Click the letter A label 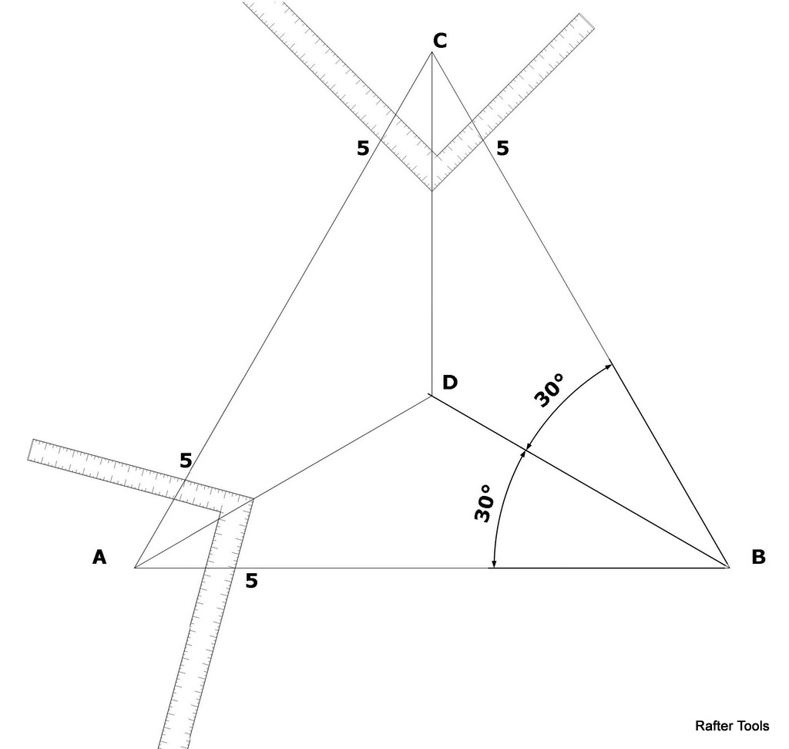[99, 556]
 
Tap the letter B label [758, 556]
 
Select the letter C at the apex [439, 41]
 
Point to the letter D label [450, 382]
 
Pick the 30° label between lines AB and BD [483, 504]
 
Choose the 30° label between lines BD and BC [549, 390]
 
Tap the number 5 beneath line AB [251, 581]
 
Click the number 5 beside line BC [502, 148]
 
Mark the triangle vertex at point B [729, 568]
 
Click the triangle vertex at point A [135, 568]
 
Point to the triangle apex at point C [431, 52]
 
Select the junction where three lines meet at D [431, 396]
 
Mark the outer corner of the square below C [431, 191]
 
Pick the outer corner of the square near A [253, 499]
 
